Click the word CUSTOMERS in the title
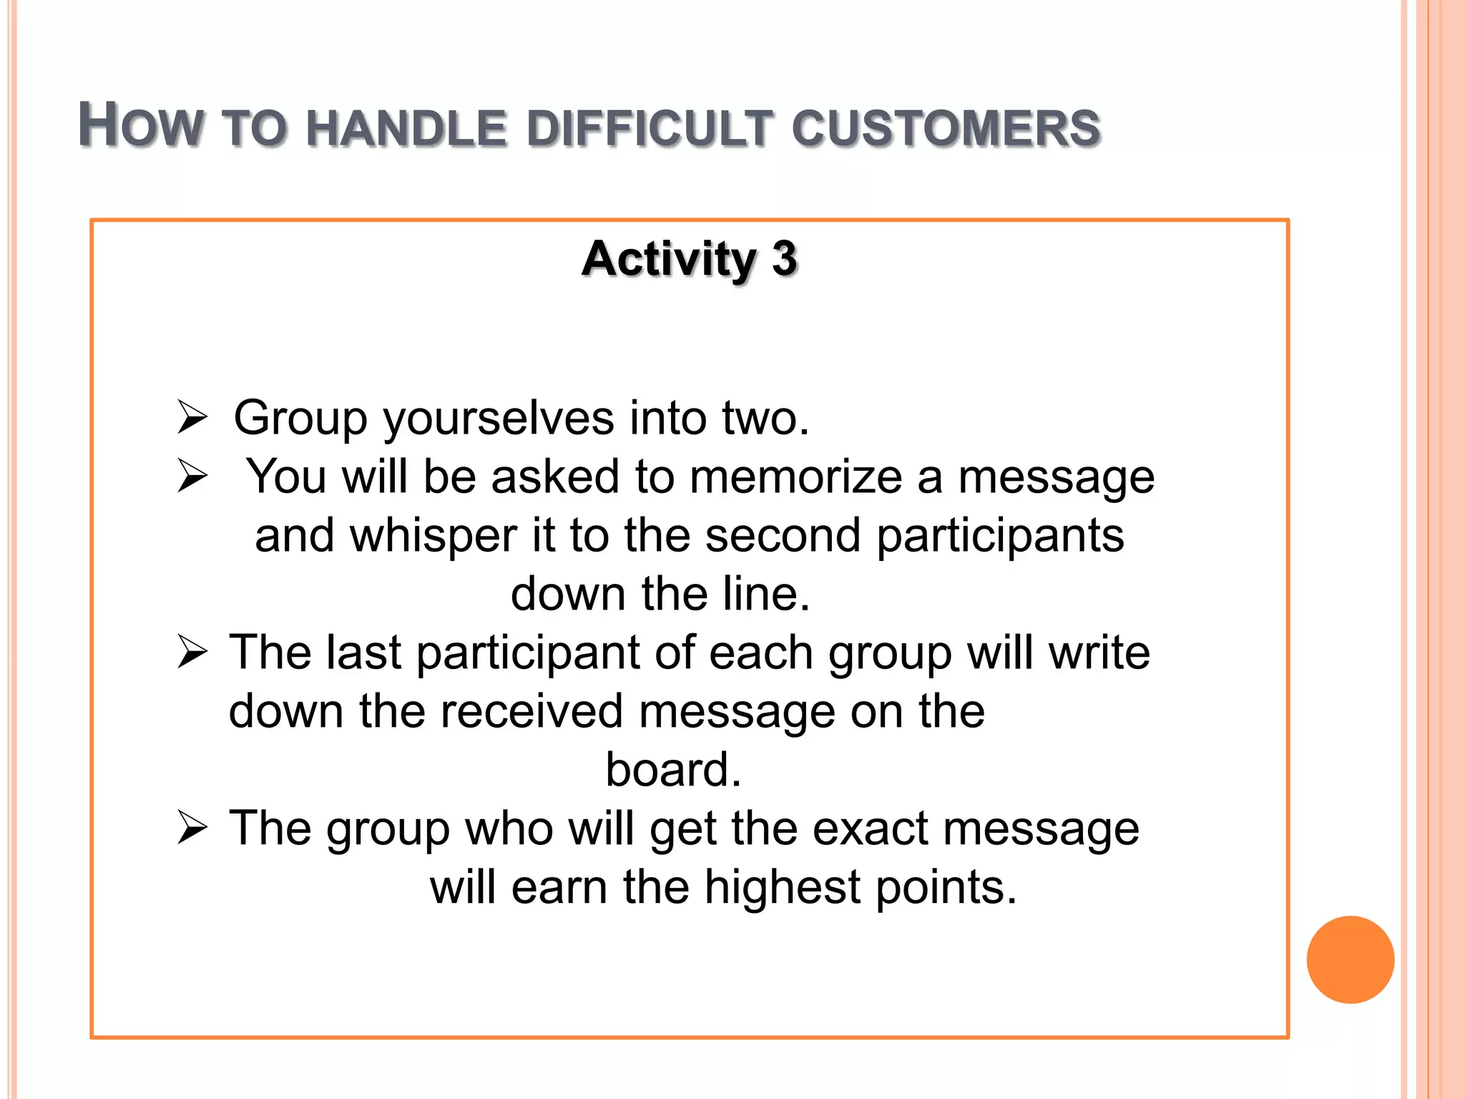click(946, 129)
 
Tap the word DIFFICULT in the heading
click(650, 129)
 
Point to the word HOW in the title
click(140, 126)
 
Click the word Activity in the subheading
click(668, 259)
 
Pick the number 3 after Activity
click(784, 259)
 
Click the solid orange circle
click(1350, 959)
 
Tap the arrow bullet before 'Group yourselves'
click(192, 418)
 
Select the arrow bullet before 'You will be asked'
click(192, 477)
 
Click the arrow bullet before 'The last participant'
click(192, 653)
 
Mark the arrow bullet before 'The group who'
click(192, 829)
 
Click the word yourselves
click(499, 419)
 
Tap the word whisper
click(433, 537)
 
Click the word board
click(673, 770)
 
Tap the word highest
click(782, 888)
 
